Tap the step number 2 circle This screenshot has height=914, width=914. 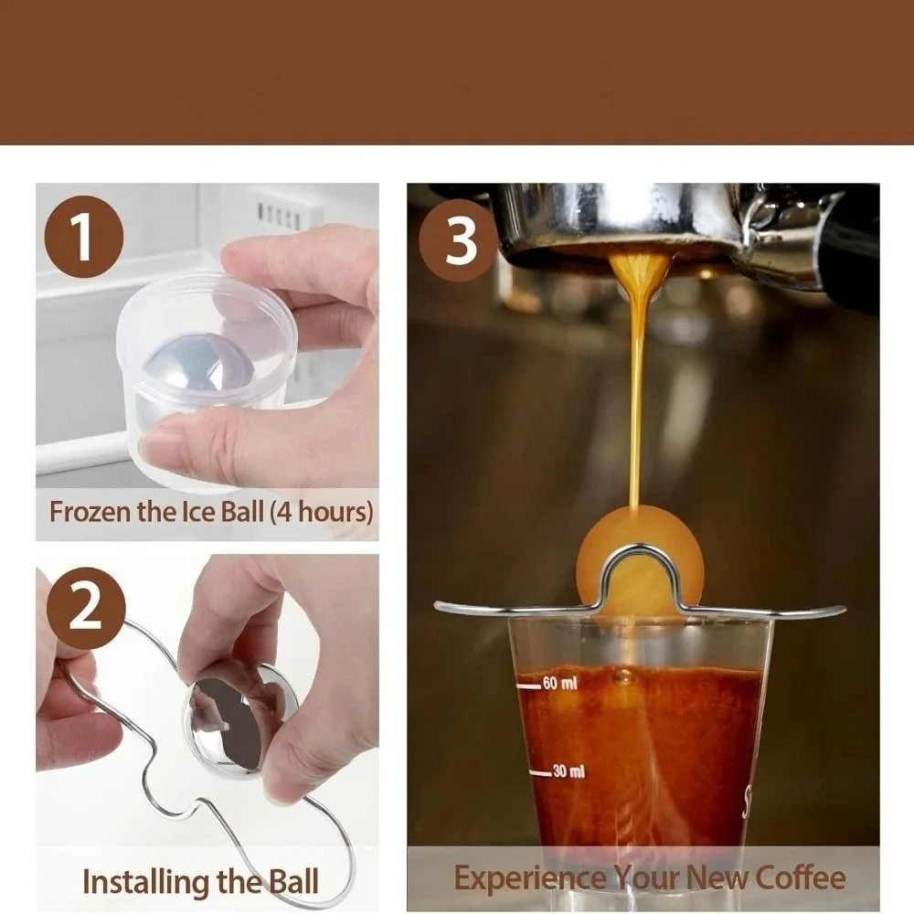[x=85, y=608]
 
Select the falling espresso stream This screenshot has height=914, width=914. [x=637, y=384]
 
